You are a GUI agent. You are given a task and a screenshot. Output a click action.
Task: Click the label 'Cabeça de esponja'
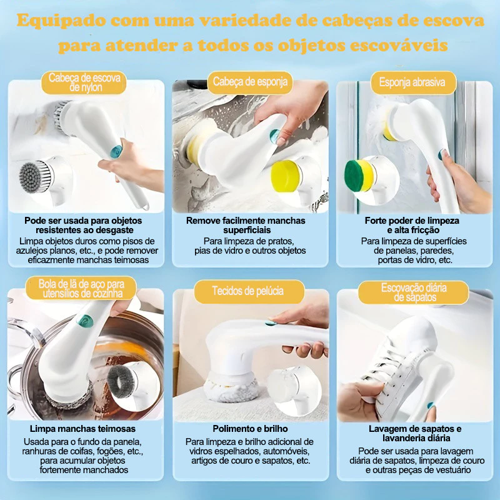pyautogui.click(x=249, y=82)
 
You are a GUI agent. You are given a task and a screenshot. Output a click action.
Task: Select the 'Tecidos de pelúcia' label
pyautogui.click(x=247, y=291)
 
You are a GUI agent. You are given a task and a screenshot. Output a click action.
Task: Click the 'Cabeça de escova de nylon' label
pyautogui.click(x=84, y=84)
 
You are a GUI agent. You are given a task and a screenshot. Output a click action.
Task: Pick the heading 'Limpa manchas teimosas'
pyautogui.click(x=82, y=429)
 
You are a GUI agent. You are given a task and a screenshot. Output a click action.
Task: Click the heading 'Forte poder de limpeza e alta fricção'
pyautogui.click(x=412, y=226)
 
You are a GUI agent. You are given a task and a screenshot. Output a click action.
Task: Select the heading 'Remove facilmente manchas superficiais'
pyautogui.click(x=246, y=226)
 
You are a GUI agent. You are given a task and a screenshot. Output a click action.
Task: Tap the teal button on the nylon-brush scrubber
pyautogui.click(x=116, y=151)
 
